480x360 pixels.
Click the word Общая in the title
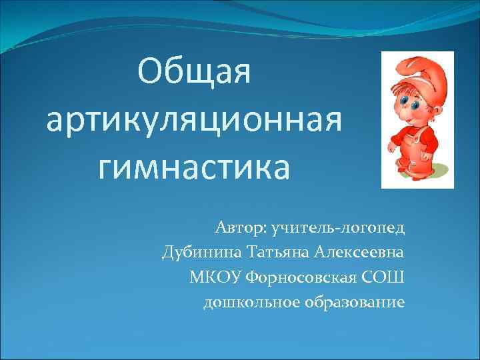(194, 71)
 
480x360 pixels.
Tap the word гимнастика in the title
(194, 168)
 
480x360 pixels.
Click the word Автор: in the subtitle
(239, 229)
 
